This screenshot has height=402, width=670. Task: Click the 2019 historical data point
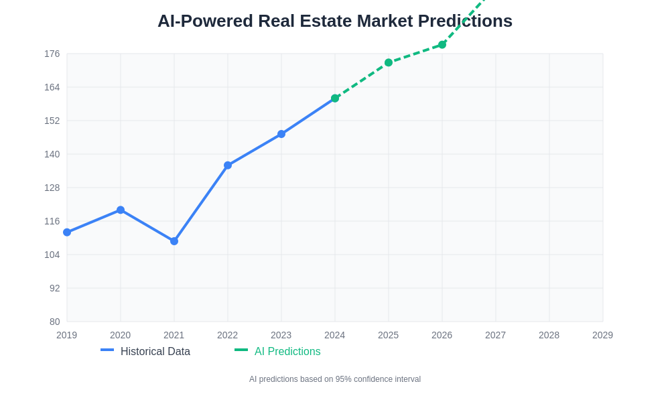(67, 232)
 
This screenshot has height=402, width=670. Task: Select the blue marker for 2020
(121, 210)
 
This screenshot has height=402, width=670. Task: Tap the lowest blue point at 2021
(174, 241)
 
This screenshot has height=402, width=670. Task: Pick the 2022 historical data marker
(228, 165)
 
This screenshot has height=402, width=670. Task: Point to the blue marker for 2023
(281, 134)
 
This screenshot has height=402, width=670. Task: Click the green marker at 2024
(335, 98)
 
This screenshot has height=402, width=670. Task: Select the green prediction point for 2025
(389, 62)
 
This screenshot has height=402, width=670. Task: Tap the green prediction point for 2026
(442, 45)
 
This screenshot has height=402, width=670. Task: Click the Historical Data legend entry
(155, 351)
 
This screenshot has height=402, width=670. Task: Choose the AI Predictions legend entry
(287, 351)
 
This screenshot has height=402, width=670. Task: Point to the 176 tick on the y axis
(52, 54)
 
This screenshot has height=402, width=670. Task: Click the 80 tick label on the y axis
(55, 322)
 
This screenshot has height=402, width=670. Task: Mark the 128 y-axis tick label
(52, 188)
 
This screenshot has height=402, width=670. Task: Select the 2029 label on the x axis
(602, 335)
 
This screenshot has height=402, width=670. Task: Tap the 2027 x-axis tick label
(495, 335)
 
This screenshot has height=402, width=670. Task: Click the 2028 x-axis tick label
(549, 335)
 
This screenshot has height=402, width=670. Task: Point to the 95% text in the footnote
(343, 379)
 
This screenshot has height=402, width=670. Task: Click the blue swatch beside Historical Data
(107, 350)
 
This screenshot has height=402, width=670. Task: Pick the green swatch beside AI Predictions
(241, 350)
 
